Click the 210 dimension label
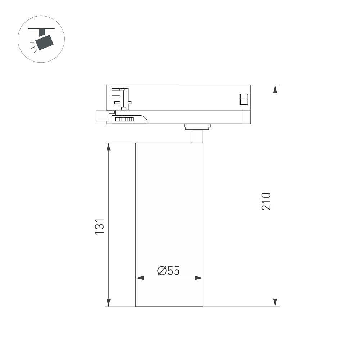[x=266, y=201]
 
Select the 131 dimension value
[x=99, y=226]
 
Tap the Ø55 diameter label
[x=168, y=271]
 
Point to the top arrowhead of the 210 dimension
[x=275, y=89]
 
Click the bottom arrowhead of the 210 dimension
[x=275, y=303]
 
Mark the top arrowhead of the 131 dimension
[x=109, y=147]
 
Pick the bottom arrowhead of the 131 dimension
[x=109, y=303]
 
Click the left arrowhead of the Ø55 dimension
[x=140, y=278]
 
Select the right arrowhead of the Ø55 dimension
[x=199, y=278]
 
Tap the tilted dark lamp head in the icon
[x=45, y=42]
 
